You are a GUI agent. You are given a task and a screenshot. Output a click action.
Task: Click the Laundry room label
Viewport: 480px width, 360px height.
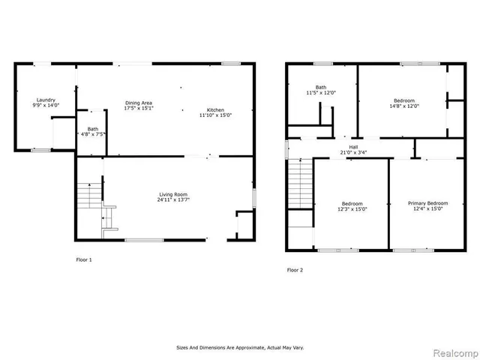pos(46,100)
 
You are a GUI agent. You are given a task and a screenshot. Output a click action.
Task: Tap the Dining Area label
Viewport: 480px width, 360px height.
pos(139,102)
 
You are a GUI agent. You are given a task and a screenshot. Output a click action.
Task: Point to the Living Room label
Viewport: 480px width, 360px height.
pos(172,194)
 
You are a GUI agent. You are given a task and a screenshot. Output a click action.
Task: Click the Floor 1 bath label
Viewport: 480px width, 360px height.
pos(92,129)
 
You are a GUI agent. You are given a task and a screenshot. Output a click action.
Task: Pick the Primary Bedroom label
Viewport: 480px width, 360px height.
pos(427,203)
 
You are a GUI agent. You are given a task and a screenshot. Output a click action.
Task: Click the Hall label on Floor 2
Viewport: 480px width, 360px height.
pos(352,147)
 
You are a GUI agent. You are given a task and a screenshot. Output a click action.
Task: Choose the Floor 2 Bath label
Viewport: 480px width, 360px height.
pos(321,87)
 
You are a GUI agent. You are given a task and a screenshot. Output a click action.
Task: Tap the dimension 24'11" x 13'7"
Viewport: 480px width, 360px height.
pos(172,200)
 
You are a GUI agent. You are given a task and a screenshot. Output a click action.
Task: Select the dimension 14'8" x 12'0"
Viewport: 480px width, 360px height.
pos(405,106)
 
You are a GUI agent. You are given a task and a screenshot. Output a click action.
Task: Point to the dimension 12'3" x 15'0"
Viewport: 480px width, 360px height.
pos(352,209)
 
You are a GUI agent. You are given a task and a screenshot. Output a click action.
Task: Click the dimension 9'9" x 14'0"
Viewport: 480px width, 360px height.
pos(46,106)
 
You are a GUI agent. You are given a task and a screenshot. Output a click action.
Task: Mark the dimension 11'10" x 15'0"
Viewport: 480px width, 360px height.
pos(215,115)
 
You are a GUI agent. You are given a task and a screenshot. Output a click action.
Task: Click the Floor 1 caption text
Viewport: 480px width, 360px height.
pos(84,259)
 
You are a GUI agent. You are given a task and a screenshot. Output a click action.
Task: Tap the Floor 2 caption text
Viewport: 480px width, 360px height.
pos(295,269)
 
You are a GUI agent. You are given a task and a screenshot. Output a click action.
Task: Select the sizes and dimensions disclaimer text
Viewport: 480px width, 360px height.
pos(240,347)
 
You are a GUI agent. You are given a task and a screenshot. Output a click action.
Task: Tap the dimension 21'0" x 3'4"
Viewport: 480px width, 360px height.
pos(352,153)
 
